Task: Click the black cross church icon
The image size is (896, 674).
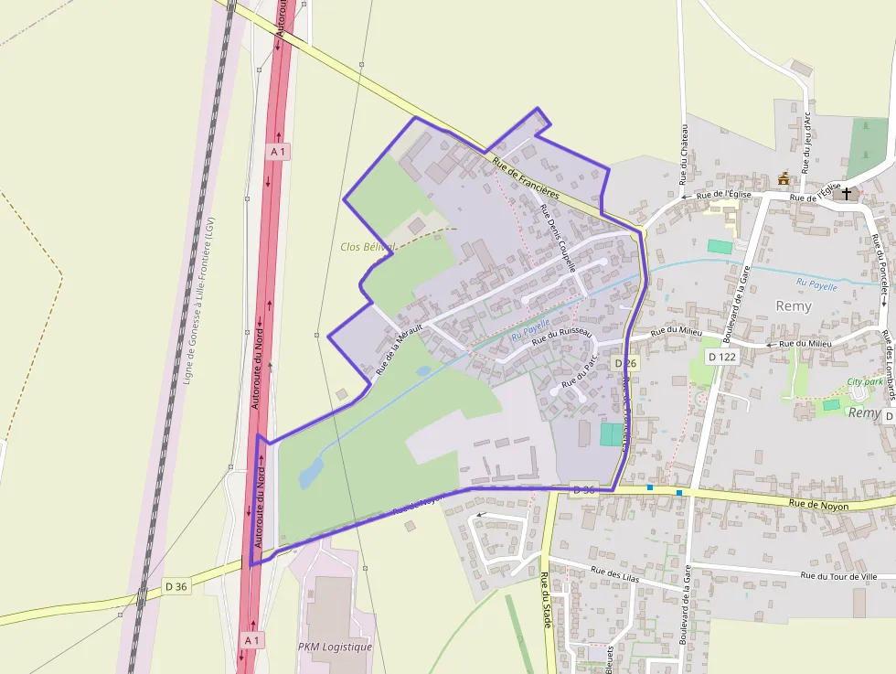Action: (847, 194)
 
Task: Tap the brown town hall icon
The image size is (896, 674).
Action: (784, 179)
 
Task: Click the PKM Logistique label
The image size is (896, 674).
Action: (336, 647)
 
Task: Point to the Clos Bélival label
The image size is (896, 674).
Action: (367, 247)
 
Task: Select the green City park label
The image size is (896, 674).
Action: (865, 381)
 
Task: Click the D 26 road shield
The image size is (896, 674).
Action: (625, 363)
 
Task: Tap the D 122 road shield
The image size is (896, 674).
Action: (722, 357)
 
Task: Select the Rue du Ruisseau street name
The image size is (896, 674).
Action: (563, 337)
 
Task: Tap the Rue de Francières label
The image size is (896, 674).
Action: (526, 178)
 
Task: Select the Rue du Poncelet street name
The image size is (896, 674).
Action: (881, 266)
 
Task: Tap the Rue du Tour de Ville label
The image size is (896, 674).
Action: (838, 576)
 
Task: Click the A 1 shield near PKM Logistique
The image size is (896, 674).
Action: (252, 640)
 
